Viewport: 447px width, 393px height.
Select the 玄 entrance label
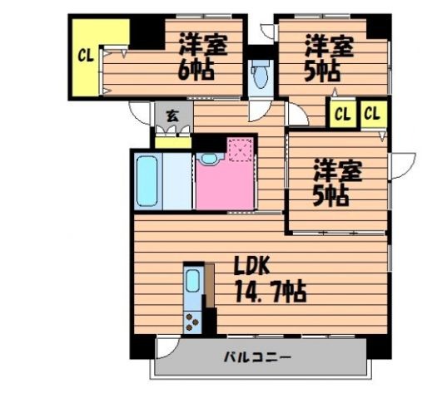point(171,116)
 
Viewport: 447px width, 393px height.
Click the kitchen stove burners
point(192,320)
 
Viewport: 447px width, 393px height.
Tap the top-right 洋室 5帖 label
point(327,55)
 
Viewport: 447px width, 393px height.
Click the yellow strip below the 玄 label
point(173,141)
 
